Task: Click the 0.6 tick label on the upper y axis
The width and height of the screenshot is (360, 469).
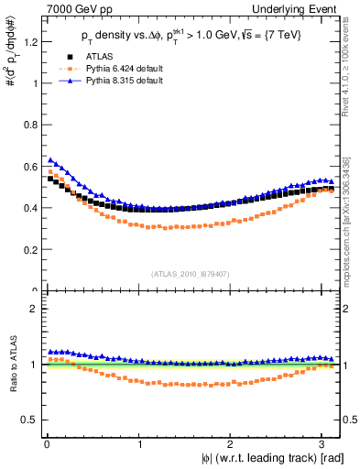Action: point(28,166)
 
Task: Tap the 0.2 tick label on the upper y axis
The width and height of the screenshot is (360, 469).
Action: point(28,249)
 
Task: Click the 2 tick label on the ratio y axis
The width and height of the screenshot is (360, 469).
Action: point(32,309)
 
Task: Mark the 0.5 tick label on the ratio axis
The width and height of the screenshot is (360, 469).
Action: point(28,420)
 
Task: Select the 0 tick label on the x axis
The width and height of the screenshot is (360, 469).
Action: point(46,443)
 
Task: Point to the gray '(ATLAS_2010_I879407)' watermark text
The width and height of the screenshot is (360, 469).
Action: point(191,272)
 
